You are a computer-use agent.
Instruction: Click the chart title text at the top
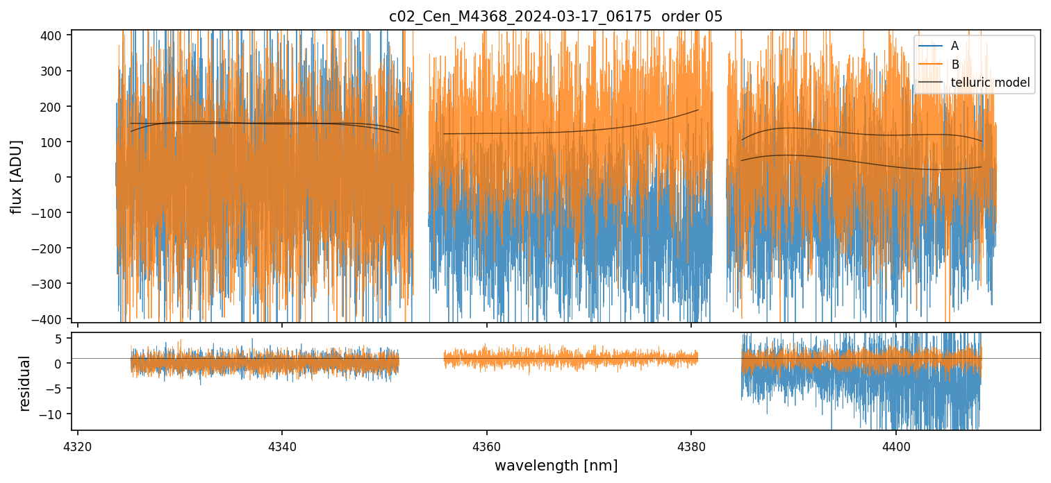[555, 17]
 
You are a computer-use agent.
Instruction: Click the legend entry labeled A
[954, 46]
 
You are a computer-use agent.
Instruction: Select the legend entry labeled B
[954, 65]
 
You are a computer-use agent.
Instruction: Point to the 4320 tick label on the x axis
[77, 444]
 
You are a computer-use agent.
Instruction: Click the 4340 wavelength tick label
[282, 444]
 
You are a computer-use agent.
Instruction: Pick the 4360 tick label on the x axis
[486, 444]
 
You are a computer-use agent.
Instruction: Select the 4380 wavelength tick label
[691, 444]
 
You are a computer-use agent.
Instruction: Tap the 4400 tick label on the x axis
[895, 444]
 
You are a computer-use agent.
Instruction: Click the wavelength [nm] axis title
[555, 465]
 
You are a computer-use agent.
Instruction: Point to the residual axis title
[25, 383]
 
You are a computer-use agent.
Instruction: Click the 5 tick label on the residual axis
[59, 338]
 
